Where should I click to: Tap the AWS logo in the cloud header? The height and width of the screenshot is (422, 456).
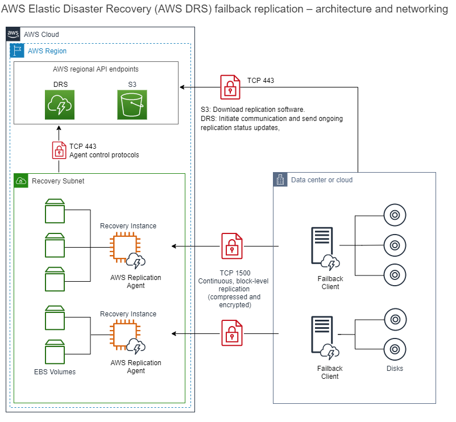pyautogui.click(x=14, y=34)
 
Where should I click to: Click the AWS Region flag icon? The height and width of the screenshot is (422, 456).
pyautogui.click(x=18, y=51)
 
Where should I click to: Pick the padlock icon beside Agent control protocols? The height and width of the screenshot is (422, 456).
pyautogui.click(x=59, y=151)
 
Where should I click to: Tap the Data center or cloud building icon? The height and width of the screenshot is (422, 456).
pyautogui.click(x=281, y=180)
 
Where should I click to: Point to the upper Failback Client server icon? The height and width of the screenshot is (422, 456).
pyautogui.click(x=322, y=245)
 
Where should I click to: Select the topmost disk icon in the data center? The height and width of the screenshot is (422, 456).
pyautogui.click(x=394, y=216)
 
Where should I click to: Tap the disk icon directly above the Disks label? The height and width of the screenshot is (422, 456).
pyautogui.click(x=394, y=348)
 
